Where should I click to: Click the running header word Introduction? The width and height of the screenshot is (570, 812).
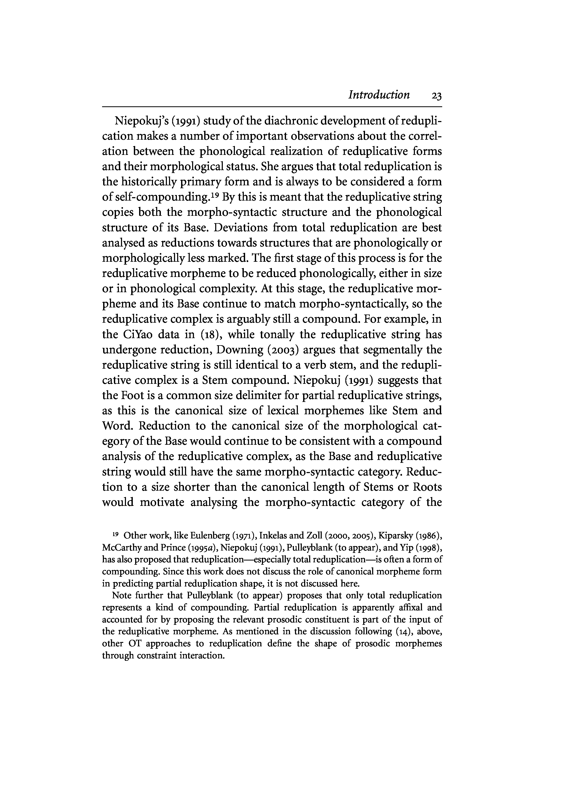pyautogui.click(x=379, y=95)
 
